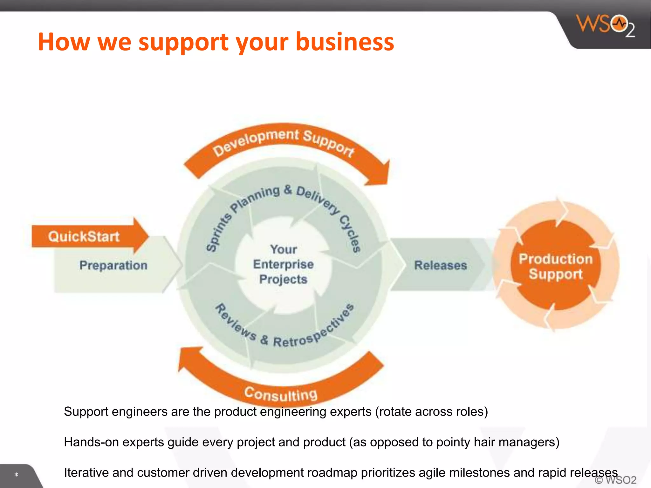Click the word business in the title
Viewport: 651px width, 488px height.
pyautogui.click(x=345, y=42)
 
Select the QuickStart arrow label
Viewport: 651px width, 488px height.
pyautogui.click(x=84, y=237)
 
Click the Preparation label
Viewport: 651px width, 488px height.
pyautogui.click(x=113, y=265)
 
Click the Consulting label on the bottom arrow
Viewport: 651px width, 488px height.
pyautogui.click(x=281, y=394)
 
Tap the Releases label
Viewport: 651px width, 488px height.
pyautogui.click(x=441, y=265)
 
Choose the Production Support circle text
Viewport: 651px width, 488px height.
pyautogui.click(x=556, y=266)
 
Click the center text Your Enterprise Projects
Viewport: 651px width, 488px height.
pyautogui.click(x=283, y=264)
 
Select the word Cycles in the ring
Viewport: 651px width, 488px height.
pyautogui.click(x=351, y=234)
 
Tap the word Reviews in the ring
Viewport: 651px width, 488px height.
pyautogui.click(x=236, y=322)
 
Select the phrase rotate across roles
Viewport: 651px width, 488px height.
pyautogui.click(x=431, y=411)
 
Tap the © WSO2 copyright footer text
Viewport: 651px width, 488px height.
pyautogui.click(x=615, y=480)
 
